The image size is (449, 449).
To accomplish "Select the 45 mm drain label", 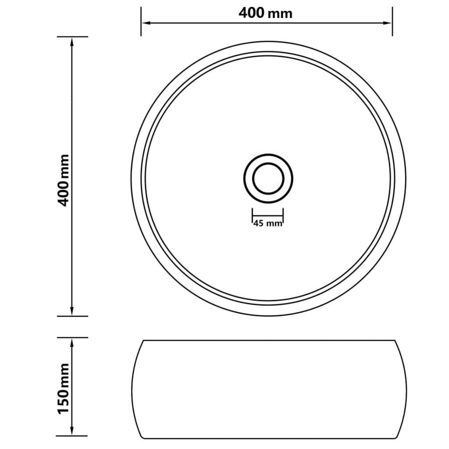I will [x=267, y=223].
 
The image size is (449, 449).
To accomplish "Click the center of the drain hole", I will [x=268, y=178].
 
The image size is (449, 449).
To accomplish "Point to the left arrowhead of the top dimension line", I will [x=145, y=23].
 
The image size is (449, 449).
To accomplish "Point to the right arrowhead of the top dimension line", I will [x=388, y=23].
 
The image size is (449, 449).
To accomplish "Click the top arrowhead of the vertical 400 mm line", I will [x=71, y=42].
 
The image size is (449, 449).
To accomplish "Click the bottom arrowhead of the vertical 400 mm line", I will [x=71, y=311].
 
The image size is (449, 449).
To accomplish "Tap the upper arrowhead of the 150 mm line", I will [x=71, y=342].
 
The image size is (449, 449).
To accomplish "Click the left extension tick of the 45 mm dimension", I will [x=252, y=215].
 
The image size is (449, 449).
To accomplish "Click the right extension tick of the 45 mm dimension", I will [x=283, y=215].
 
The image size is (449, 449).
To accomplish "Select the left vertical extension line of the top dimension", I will [x=141, y=22].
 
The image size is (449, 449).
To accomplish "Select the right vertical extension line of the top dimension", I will [x=392, y=22].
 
